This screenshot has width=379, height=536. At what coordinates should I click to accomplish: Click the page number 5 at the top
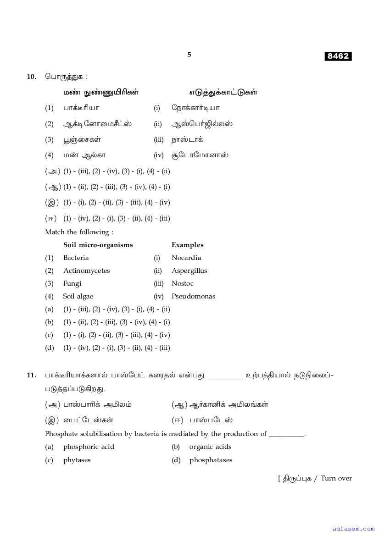point(189,55)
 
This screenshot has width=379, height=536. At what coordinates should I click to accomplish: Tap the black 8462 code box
point(338,56)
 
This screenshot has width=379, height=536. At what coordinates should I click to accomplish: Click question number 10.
point(31,77)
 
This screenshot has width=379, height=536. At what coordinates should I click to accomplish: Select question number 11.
point(31,376)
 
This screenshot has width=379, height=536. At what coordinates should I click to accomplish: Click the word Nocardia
point(186,258)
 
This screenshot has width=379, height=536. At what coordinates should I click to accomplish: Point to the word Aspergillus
point(189,271)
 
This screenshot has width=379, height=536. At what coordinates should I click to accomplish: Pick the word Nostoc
point(183,283)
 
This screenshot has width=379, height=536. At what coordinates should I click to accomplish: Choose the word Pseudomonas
point(193,296)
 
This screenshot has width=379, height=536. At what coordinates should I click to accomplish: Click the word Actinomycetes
point(86,271)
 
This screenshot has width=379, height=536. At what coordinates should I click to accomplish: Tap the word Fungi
point(72,283)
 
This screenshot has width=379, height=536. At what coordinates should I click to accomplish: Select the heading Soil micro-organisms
point(98,245)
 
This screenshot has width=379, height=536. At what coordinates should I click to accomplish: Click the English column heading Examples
point(187,245)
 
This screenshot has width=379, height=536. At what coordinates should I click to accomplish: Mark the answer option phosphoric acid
point(89,447)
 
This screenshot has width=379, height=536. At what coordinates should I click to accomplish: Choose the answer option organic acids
point(210,447)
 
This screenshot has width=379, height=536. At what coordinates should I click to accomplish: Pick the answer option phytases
point(77,460)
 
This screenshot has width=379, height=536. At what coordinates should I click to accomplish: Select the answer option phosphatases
point(211,460)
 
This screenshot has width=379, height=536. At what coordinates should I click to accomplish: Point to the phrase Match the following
point(79,232)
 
